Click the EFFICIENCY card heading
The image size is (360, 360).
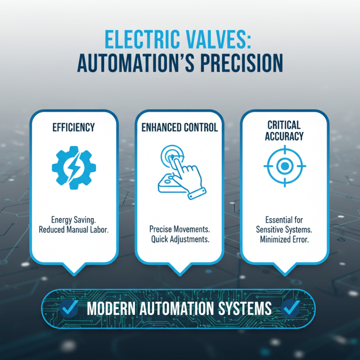[x=74, y=127]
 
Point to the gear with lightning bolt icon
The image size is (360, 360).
[x=74, y=167]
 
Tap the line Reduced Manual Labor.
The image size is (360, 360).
[x=74, y=229]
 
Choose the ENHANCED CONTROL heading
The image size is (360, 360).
[x=180, y=127]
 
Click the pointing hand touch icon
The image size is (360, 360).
[x=180, y=171]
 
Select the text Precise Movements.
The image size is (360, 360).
[x=180, y=229]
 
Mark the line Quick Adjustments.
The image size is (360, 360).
[x=180, y=239]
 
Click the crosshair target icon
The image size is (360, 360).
[x=284, y=166]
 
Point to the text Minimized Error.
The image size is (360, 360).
[x=284, y=240]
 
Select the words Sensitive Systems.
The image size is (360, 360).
[x=284, y=230]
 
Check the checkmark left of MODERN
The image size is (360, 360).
[x=69, y=309]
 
